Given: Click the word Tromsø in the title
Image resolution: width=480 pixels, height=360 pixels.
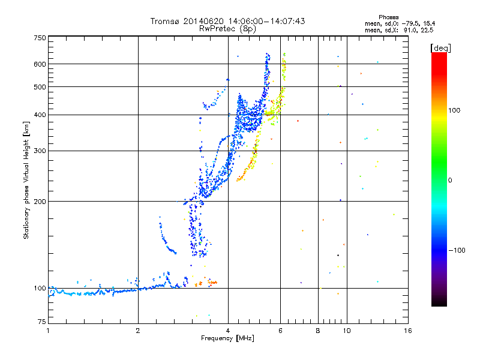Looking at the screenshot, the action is click(x=164, y=21).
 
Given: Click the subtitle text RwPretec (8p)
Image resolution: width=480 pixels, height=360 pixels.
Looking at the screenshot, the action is click(x=227, y=29).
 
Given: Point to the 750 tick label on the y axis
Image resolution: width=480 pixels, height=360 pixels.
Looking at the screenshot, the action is click(x=40, y=38).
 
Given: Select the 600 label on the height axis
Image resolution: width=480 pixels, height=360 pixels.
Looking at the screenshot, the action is click(x=40, y=64).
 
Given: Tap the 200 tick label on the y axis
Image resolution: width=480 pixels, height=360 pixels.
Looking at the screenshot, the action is click(x=40, y=202).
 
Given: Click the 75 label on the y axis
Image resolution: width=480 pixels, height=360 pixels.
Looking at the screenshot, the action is click(x=42, y=322).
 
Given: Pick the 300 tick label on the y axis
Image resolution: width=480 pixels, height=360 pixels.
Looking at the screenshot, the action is click(x=40, y=151).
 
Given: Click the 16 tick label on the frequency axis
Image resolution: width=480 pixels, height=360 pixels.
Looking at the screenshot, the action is click(x=408, y=331).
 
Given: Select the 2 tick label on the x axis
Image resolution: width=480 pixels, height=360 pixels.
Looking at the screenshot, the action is click(x=138, y=331).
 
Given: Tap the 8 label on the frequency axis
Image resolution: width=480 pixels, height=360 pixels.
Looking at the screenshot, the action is click(x=318, y=331).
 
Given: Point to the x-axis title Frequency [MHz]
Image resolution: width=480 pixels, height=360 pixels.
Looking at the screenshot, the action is click(x=227, y=338).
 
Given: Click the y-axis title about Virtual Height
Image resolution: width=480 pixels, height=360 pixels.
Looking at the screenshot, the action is click(x=26, y=180).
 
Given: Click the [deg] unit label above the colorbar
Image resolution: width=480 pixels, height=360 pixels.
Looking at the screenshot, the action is click(x=440, y=48).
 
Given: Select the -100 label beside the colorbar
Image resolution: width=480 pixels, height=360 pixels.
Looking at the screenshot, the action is click(x=457, y=250).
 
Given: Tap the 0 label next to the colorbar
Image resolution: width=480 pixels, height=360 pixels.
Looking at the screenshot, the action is click(x=450, y=181).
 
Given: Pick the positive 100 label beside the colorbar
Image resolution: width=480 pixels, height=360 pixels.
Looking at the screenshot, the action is click(x=454, y=110).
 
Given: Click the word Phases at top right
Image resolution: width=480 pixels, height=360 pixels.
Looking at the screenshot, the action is click(x=388, y=17).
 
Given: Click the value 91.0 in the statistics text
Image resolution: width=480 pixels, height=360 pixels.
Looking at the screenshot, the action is click(x=410, y=30).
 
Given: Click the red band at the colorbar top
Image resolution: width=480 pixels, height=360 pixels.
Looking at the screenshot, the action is click(x=439, y=61).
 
